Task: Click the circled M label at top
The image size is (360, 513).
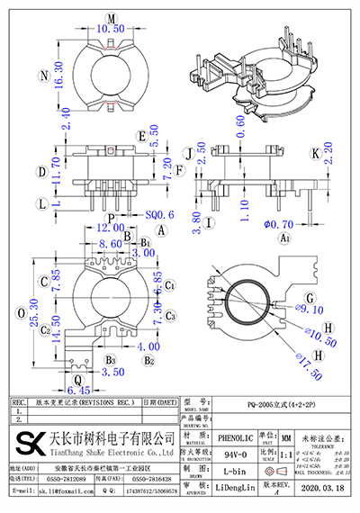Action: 111,18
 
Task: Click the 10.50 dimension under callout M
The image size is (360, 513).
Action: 110,29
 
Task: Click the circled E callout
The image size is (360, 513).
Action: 141,136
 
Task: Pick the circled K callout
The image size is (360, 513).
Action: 315,154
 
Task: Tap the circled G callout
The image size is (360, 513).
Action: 310,298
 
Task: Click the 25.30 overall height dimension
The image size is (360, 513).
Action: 33,322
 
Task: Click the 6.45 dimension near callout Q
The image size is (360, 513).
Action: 79,391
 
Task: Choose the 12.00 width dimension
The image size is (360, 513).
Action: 112,230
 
